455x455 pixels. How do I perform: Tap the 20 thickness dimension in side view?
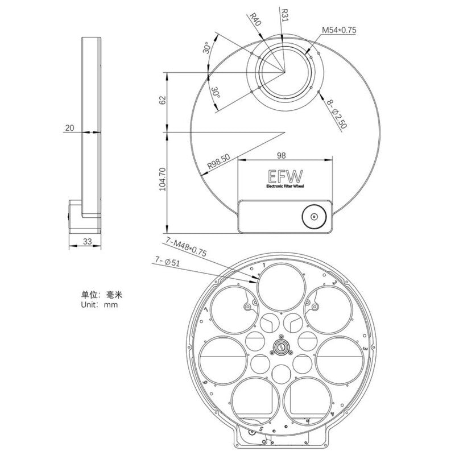[70, 129]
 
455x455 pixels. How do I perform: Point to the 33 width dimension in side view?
[87, 241]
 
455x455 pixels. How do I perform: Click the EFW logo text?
[282, 176]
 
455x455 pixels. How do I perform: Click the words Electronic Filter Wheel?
[282, 186]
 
